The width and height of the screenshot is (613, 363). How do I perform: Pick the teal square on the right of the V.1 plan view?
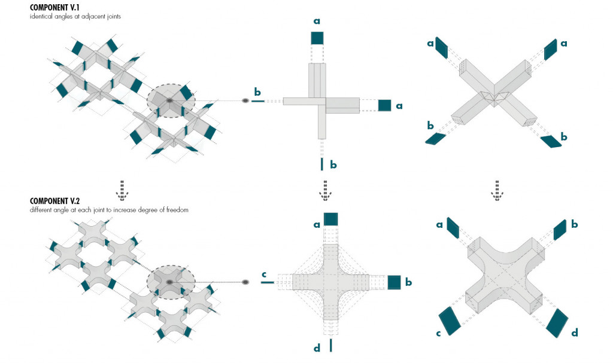tap(384, 105)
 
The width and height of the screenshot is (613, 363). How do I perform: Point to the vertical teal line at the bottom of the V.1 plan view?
tap(322, 164)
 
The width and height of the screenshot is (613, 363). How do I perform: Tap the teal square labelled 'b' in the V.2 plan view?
tap(394, 282)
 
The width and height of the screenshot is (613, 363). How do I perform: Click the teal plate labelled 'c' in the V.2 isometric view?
tap(449, 321)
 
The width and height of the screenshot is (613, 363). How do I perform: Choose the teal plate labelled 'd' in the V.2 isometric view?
tap(557, 322)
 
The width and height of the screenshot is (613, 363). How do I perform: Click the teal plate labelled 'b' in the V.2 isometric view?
tap(560, 231)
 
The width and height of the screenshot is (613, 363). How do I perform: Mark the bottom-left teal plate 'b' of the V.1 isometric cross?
tap(436, 139)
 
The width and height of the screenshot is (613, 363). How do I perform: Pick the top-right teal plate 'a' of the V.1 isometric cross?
tap(550, 50)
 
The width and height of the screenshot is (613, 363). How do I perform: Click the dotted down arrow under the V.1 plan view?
tap(324, 188)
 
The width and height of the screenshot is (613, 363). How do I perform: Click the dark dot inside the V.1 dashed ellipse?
tap(169, 100)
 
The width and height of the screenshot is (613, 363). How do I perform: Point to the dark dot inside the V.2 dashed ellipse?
tap(169, 282)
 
